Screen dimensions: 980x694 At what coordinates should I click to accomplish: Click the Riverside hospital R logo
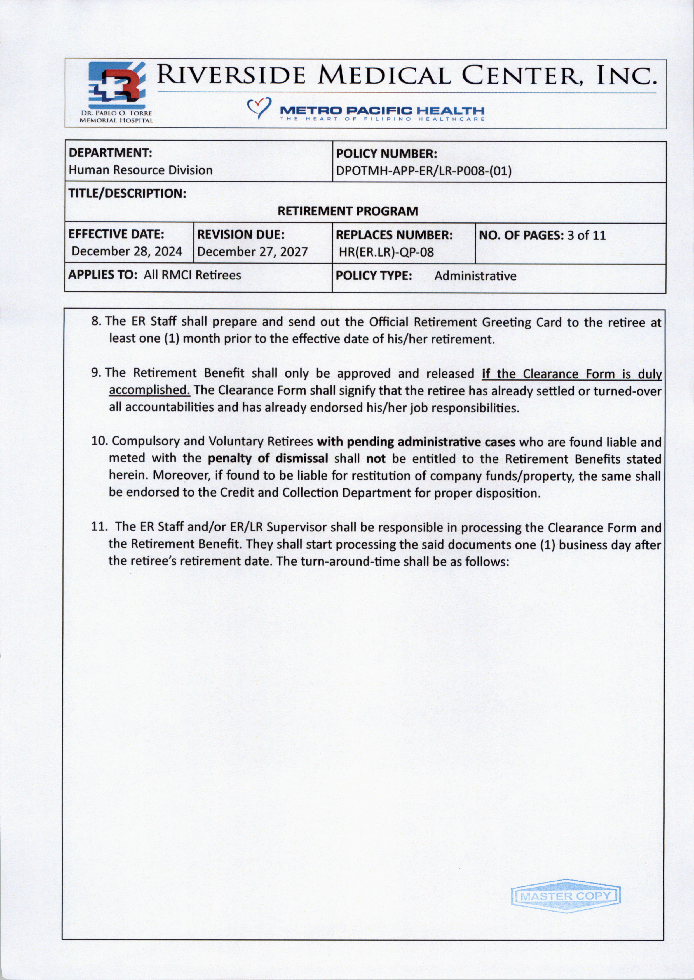click(x=116, y=85)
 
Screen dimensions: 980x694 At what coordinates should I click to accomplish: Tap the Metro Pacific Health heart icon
click(x=259, y=108)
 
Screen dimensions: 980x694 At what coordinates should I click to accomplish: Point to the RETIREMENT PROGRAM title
click(x=348, y=211)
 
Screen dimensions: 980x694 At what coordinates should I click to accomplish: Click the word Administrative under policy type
click(x=475, y=276)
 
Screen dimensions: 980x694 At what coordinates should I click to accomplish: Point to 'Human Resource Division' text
click(x=140, y=170)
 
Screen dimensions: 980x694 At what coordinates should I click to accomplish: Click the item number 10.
click(x=99, y=441)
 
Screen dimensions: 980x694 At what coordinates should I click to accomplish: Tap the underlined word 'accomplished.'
click(x=149, y=390)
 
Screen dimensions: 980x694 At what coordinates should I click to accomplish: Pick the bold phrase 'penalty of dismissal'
click(x=268, y=458)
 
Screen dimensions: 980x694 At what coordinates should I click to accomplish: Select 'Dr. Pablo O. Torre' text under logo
click(x=116, y=113)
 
